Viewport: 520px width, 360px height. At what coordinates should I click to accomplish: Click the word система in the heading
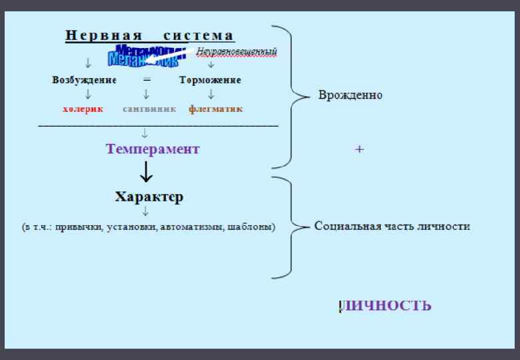point(199,35)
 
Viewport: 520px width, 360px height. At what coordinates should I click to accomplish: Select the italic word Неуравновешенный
point(237,51)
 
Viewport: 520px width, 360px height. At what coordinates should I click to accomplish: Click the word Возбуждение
point(84,80)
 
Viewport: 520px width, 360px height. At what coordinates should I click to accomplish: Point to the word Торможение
point(210,80)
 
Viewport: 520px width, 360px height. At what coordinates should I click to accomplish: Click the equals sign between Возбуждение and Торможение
point(147,80)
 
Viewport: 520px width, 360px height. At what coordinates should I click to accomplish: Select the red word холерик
point(83,109)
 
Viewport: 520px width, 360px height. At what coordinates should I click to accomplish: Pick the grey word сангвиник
point(149,109)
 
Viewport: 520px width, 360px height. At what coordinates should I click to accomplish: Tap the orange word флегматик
point(215,109)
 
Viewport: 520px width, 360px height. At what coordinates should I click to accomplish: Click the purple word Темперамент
point(152,149)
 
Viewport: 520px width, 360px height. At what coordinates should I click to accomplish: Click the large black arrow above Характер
point(147,172)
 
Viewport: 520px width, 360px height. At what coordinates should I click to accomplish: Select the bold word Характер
point(149,197)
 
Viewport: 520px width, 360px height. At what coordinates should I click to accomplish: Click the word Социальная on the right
point(347,226)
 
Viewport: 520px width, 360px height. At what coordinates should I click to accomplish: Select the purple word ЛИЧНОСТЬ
point(386,306)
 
